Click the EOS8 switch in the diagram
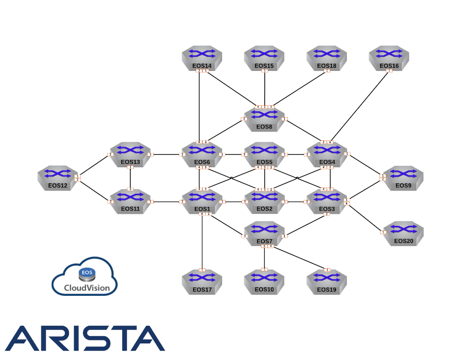click(264, 118)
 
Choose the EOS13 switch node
click(130, 153)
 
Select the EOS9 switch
click(403, 177)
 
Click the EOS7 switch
click(264, 233)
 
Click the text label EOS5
click(264, 162)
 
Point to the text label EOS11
click(130, 209)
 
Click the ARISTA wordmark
click(84, 338)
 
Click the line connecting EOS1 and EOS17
click(202, 241)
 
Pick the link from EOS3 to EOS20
click(365, 217)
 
